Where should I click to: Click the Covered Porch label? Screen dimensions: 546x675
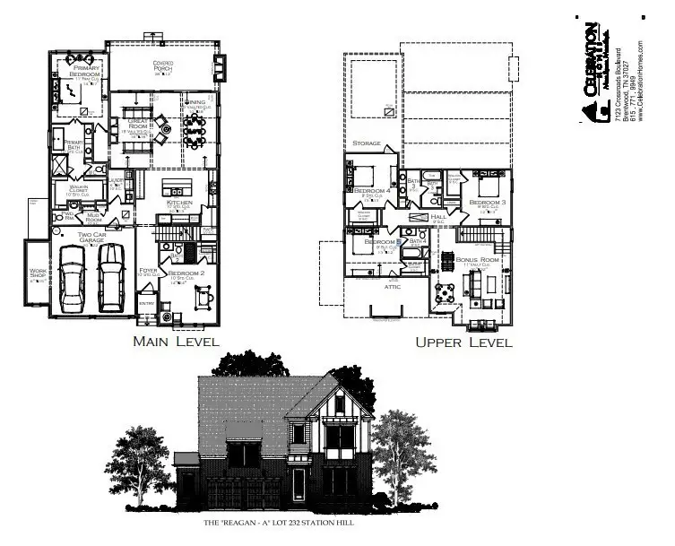pos(162,67)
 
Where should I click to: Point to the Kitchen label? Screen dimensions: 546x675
pos(180,204)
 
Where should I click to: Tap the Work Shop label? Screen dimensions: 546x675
pos(37,274)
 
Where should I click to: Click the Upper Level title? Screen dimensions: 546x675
pos(463,342)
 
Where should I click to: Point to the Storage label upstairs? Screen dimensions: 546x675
pos(366,143)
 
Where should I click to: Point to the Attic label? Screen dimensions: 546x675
pos(392,287)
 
